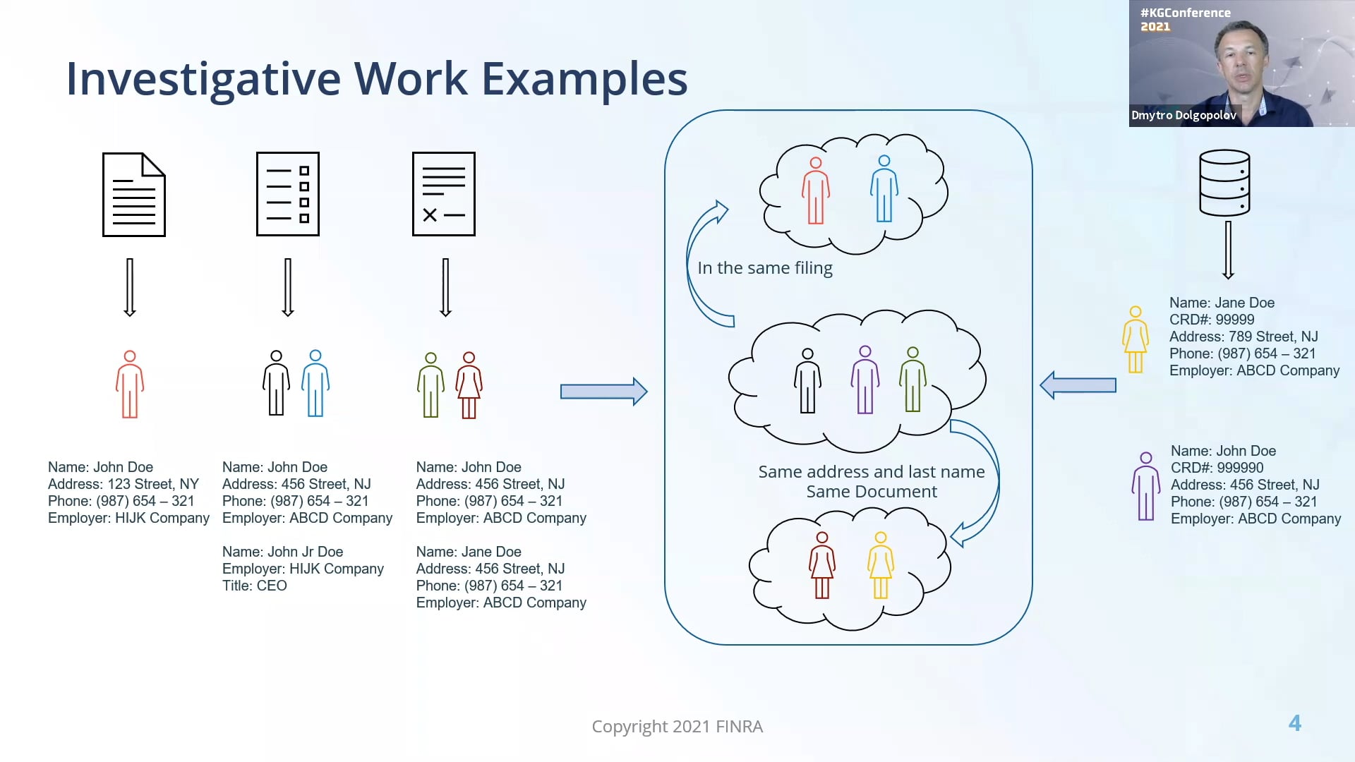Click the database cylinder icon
(x=1224, y=183)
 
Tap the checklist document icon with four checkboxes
(x=288, y=194)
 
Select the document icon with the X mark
(x=444, y=194)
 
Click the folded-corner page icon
(x=134, y=195)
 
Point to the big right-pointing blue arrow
(x=603, y=392)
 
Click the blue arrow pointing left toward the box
(x=1078, y=385)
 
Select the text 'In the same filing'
(x=765, y=268)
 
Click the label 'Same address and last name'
(x=871, y=472)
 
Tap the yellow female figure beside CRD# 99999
(x=1136, y=339)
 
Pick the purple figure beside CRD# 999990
(x=1146, y=486)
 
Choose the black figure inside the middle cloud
(x=807, y=380)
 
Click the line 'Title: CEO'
(x=255, y=586)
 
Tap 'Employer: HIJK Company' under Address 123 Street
(x=128, y=518)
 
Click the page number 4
(x=1294, y=723)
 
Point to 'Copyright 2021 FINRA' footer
(x=677, y=726)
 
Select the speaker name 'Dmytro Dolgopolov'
(x=1184, y=115)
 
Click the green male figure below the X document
(x=430, y=385)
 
